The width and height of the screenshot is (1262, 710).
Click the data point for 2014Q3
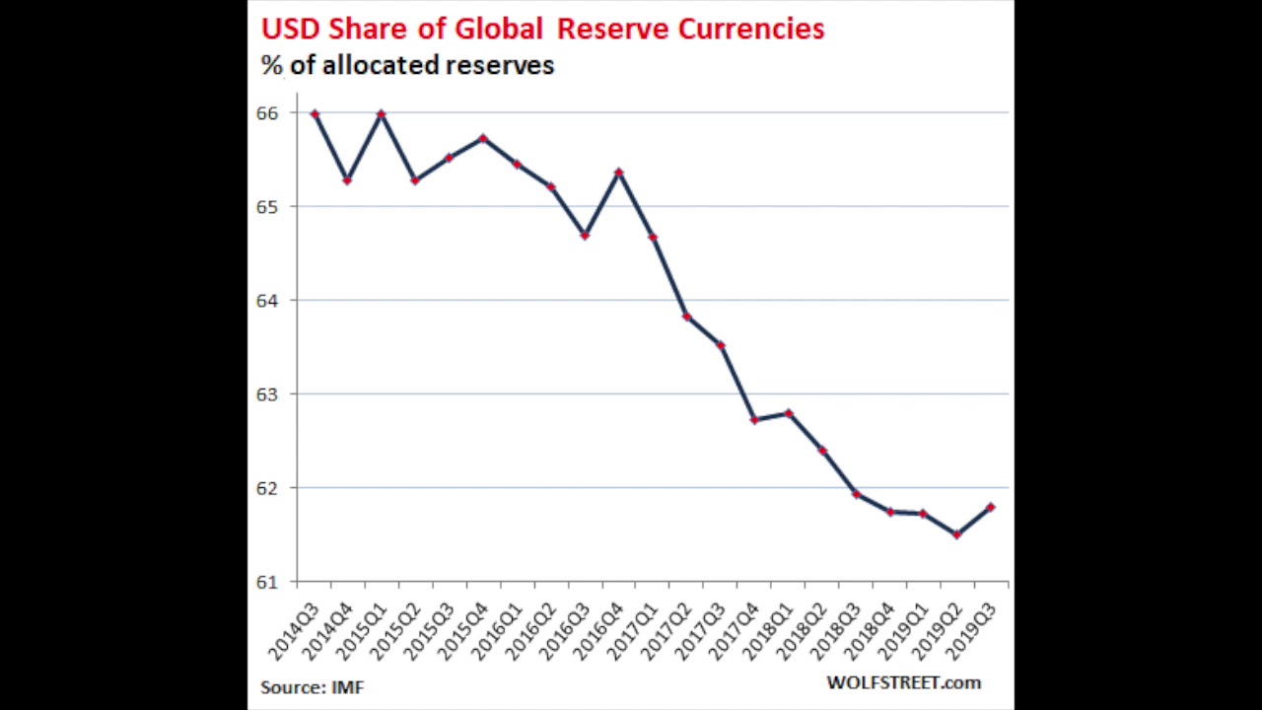pyautogui.click(x=315, y=114)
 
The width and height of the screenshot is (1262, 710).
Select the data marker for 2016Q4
pyautogui.click(x=619, y=173)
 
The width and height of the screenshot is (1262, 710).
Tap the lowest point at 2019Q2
pyautogui.click(x=957, y=534)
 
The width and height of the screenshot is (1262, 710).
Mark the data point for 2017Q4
pyautogui.click(x=754, y=420)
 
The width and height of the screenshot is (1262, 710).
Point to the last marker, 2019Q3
pyautogui.click(x=991, y=508)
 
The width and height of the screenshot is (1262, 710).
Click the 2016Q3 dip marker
pyautogui.click(x=585, y=236)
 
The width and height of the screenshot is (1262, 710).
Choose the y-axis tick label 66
pyautogui.click(x=267, y=113)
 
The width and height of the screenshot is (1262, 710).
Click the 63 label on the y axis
pyautogui.click(x=267, y=394)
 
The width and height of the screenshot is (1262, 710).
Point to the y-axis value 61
pyautogui.click(x=267, y=582)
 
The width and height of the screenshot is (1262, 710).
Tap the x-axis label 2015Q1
pyautogui.click(x=362, y=632)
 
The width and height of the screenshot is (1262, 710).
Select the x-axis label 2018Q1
pyautogui.click(x=767, y=632)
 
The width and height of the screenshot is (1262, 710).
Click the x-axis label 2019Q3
pyautogui.click(x=970, y=632)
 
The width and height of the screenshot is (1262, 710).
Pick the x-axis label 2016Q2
pyautogui.click(x=530, y=632)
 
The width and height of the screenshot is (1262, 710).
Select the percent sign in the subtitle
pyautogui.click(x=271, y=66)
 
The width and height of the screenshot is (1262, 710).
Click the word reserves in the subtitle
pyautogui.click(x=500, y=66)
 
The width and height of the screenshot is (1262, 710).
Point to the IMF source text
pyautogui.click(x=348, y=686)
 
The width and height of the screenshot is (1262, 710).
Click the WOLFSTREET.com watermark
pyautogui.click(x=903, y=682)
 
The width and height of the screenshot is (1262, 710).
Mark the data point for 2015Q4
pyautogui.click(x=483, y=139)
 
